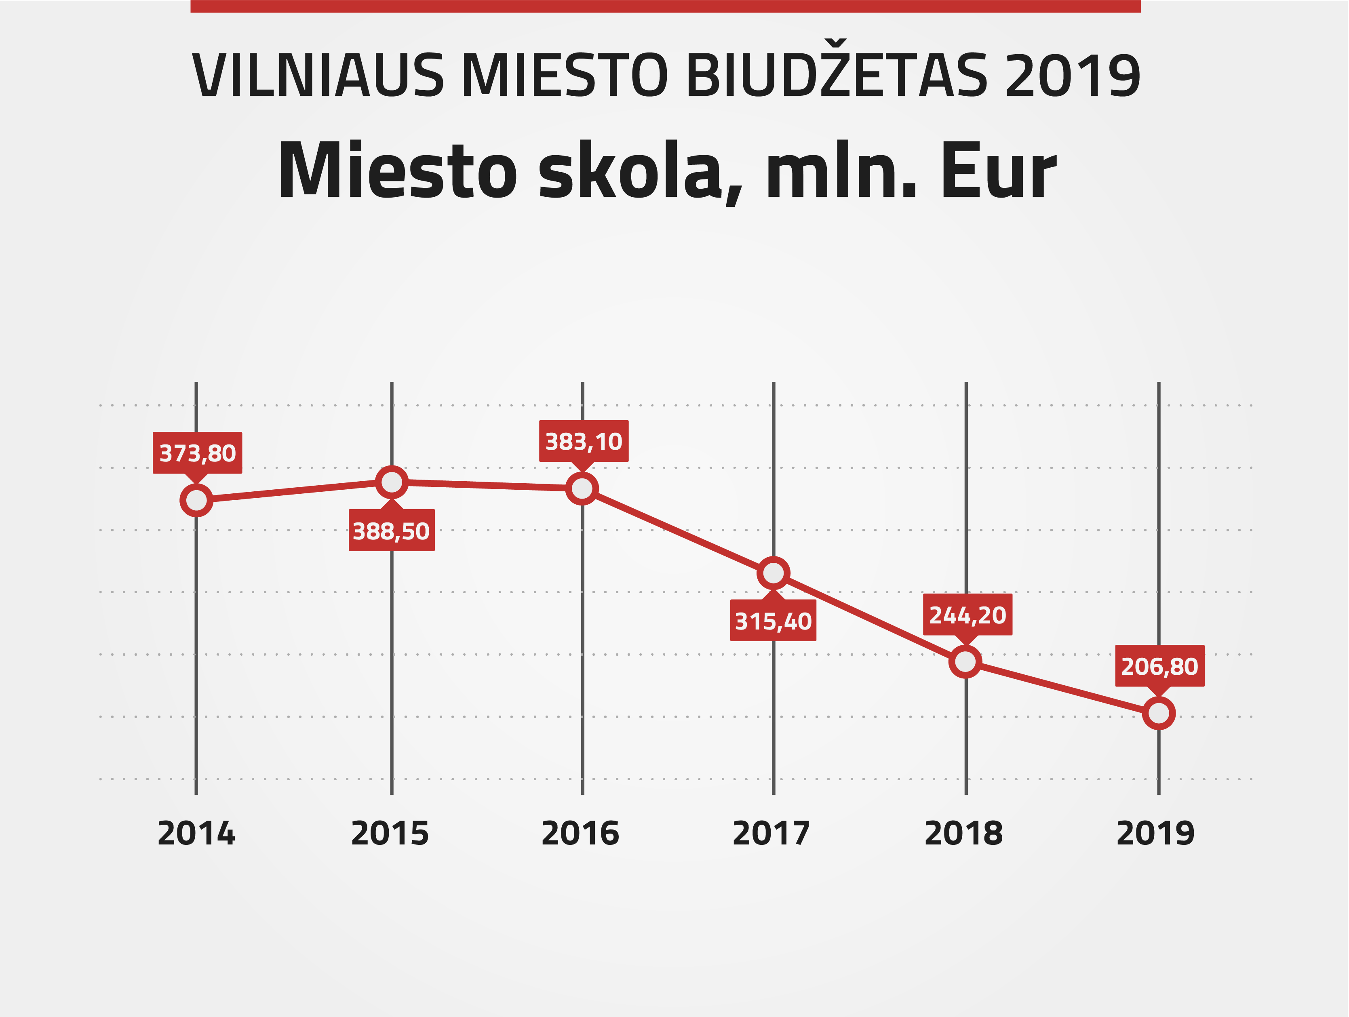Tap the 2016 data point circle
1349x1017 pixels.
click(582, 488)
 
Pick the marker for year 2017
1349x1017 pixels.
click(773, 573)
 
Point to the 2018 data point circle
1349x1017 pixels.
click(965, 661)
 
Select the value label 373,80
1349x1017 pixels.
click(197, 453)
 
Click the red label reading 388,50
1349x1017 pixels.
click(392, 531)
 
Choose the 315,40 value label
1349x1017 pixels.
click(773, 621)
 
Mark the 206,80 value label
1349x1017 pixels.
click(1159, 666)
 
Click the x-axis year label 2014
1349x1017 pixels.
click(196, 834)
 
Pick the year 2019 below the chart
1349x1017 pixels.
click(1155, 834)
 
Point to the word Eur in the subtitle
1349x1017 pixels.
click(998, 171)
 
